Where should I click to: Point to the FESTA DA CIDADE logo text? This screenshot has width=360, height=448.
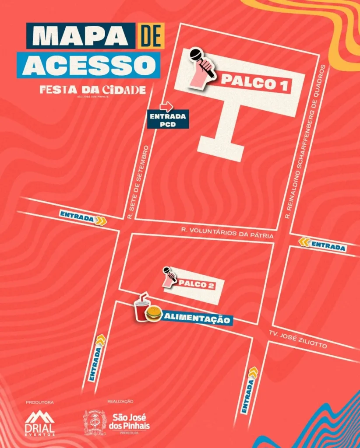click(x=92, y=90)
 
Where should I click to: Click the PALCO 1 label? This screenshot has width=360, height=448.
click(x=256, y=81)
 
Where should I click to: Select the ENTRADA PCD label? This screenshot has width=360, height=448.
click(x=168, y=120)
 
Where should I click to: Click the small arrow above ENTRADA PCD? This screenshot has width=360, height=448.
click(x=166, y=106)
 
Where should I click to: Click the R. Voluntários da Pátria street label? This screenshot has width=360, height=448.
click(x=227, y=232)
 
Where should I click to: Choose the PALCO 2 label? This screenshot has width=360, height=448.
click(x=196, y=285)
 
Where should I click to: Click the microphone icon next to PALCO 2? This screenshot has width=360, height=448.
click(x=169, y=277)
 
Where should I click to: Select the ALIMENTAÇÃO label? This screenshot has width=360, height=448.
click(x=197, y=318)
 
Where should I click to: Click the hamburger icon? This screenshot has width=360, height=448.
click(x=153, y=314)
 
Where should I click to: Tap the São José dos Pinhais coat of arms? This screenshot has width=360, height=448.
click(x=95, y=423)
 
